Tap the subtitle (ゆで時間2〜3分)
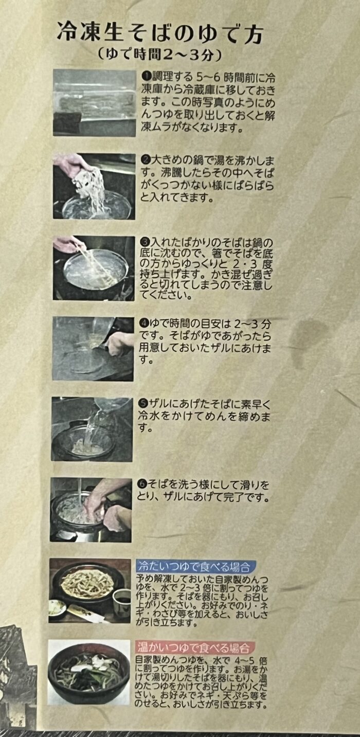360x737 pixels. pyautogui.click(x=160, y=55)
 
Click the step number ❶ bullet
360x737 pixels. pyautogui.click(x=146, y=77)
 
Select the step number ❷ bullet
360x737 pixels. pyautogui.click(x=145, y=160)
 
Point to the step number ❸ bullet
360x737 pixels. pyautogui.click(x=145, y=243)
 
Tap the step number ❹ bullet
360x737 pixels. pyautogui.click(x=143, y=323)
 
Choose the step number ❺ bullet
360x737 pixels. pyautogui.click(x=143, y=404)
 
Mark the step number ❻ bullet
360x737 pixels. pyautogui.click(x=142, y=484)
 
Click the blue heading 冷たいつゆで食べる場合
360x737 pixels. pyautogui.click(x=194, y=566)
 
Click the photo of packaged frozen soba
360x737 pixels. pyautogui.click(x=95, y=103)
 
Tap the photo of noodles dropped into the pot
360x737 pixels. pyautogui.click(x=94, y=186)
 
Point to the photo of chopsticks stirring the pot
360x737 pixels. pyautogui.click(x=94, y=268)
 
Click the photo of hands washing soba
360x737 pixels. pyautogui.click(x=91, y=510)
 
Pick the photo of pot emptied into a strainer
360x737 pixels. pyautogui.click(x=93, y=348)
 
